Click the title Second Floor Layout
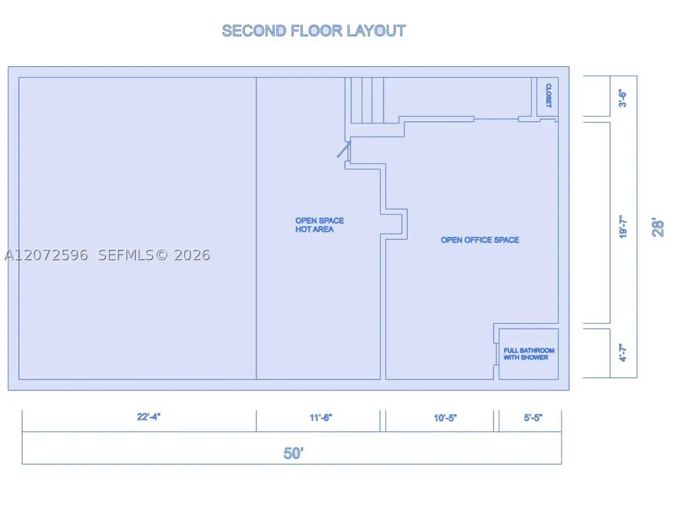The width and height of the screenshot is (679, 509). point(314,31)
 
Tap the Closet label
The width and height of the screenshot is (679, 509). point(548,96)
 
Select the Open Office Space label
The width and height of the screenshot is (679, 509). point(480,240)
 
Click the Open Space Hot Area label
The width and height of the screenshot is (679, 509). point(320,224)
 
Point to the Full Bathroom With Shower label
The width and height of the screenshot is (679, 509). point(528,354)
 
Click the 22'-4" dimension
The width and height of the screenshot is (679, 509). point(149,417)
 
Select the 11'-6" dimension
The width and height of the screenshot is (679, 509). point(320,417)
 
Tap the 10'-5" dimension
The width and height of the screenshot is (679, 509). point(445,418)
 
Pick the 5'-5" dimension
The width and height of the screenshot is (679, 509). point(533,417)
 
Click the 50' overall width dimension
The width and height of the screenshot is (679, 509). point(293,453)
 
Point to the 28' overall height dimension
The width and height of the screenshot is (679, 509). point(657,227)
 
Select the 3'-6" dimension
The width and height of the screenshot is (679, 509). point(623,98)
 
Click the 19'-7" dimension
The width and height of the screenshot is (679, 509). point(623,226)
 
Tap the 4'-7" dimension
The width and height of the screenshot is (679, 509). point(623,352)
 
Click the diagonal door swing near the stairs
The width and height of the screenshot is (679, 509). point(344,149)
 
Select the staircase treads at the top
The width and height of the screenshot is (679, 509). point(367,100)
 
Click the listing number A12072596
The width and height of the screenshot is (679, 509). point(46,255)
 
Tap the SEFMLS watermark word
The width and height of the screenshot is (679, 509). point(125,255)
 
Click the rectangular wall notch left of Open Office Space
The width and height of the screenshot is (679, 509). point(394,224)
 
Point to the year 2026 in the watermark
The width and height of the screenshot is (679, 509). point(192,255)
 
